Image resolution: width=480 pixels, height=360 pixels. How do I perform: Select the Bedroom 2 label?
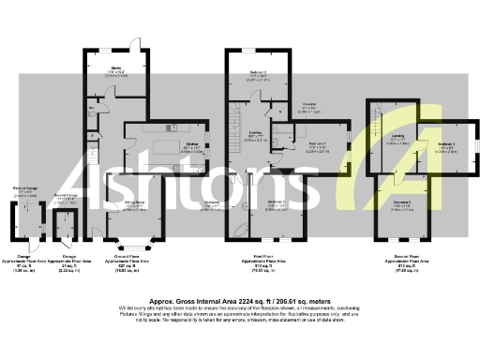275,203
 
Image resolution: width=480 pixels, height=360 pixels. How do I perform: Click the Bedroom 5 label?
401,202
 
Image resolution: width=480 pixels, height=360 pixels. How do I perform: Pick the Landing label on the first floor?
254,136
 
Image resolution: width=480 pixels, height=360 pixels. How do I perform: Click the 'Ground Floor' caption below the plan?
127,255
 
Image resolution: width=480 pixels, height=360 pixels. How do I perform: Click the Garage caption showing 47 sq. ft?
26,255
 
